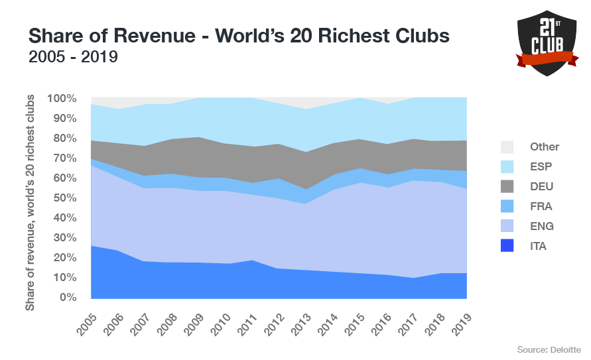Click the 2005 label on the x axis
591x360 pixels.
[x=85, y=316]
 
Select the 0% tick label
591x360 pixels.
[x=69, y=297]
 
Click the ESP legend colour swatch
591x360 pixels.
[x=506, y=166]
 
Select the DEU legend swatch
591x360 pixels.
[x=506, y=186]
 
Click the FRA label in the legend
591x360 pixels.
[x=541, y=206]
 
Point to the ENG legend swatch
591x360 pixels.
[x=506, y=226]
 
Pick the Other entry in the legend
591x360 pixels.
[x=545, y=147]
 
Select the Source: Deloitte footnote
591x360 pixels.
[x=549, y=349]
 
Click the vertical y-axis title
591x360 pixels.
[x=31, y=203]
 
